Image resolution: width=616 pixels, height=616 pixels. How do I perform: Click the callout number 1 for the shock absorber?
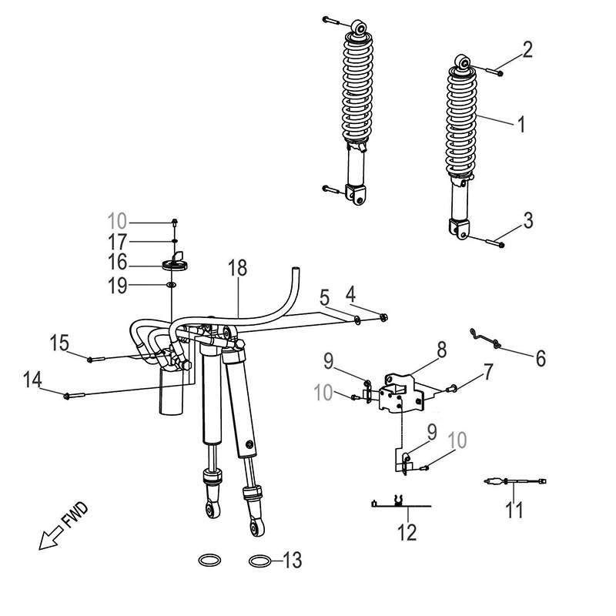click(x=521, y=123)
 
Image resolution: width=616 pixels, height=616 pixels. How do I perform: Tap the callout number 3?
click(x=527, y=221)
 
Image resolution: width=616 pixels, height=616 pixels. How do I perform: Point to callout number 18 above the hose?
click(x=239, y=269)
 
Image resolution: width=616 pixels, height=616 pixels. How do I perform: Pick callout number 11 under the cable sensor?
click(x=514, y=509)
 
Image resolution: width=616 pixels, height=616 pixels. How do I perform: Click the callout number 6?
click(x=540, y=358)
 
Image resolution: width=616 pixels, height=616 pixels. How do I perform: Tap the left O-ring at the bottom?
click(x=213, y=559)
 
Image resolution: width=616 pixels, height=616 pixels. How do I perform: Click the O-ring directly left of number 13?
click(x=261, y=560)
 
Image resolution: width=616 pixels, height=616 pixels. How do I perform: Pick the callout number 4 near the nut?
click(x=350, y=293)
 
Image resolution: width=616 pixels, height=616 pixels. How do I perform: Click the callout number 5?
click(x=325, y=296)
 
